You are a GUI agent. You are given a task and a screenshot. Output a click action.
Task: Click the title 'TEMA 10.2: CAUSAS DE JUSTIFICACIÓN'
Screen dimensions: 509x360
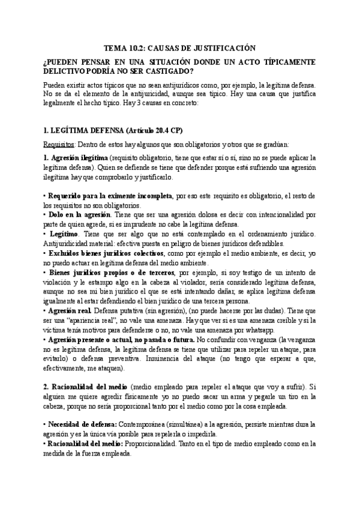pos(180,47)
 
